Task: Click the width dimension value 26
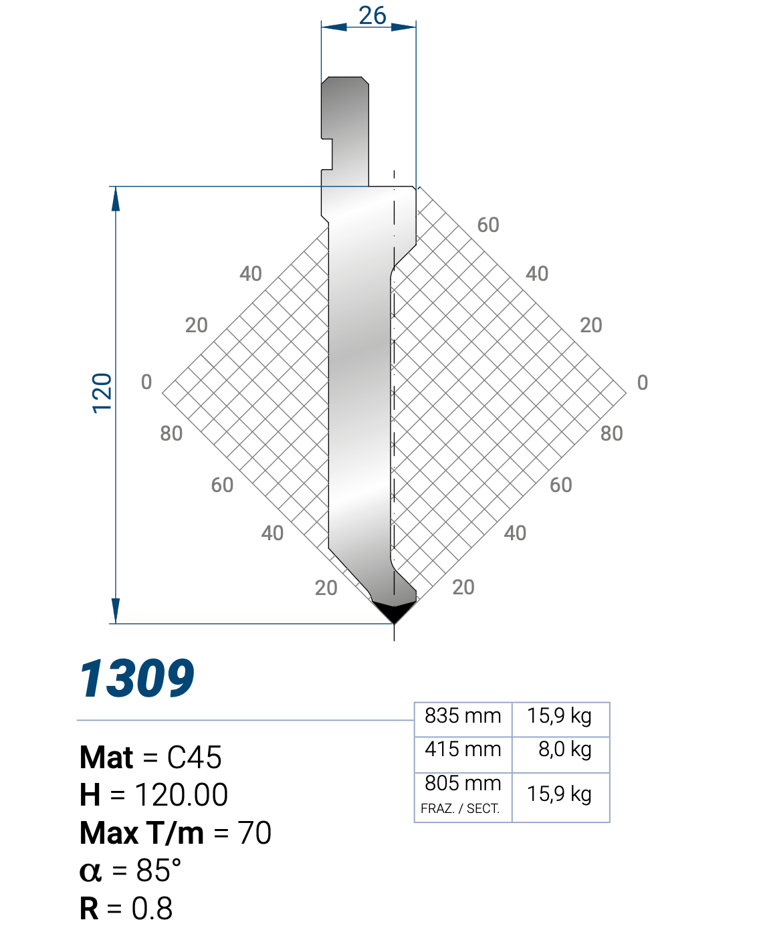(x=372, y=15)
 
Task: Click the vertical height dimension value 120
(x=102, y=393)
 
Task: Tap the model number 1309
(x=137, y=679)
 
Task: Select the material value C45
(x=194, y=758)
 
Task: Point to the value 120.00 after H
(x=181, y=795)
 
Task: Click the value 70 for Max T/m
(x=254, y=833)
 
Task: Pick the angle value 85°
(x=158, y=870)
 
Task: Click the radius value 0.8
(x=152, y=909)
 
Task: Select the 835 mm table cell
(x=463, y=716)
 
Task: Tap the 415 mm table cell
(x=463, y=749)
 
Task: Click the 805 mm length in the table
(x=463, y=783)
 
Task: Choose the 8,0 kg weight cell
(x=564, y=749)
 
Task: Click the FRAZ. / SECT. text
(x=460, y=808)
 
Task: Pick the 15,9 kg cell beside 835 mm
(x=559, y=716)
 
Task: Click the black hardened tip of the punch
(x=394, y=610)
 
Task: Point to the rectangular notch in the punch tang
(x=327, y=154)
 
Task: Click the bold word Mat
(x=106, y=758)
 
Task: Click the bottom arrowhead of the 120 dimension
(x=116, y=611)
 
